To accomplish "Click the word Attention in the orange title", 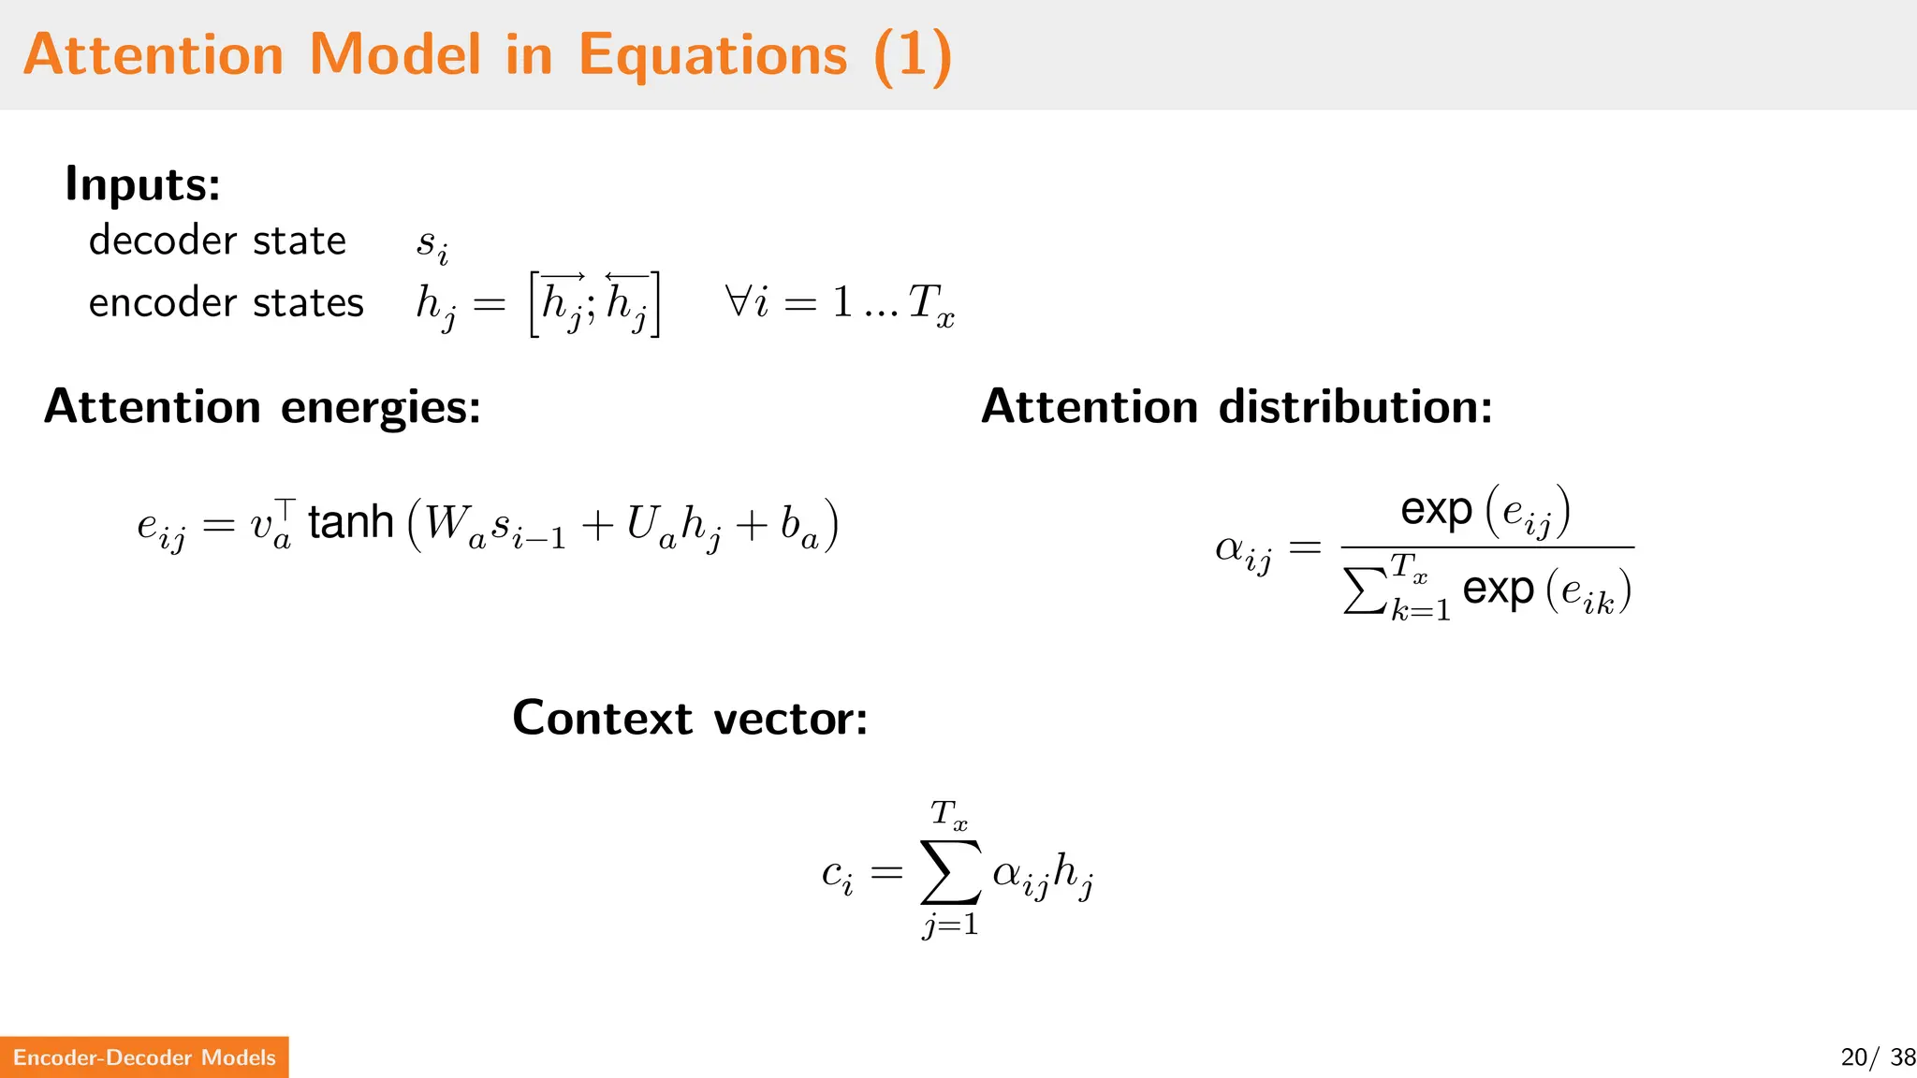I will point(154,54).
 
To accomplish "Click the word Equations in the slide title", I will point(712,54).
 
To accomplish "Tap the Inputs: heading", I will point(142,183).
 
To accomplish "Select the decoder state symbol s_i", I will point(432,245).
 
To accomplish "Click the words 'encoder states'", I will point(226,303).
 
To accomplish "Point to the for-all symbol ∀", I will point(737,302).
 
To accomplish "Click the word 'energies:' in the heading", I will point(380,407).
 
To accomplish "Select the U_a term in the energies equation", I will point(651,526).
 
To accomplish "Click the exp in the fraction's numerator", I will point(1436,510).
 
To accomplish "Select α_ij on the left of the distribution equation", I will point(1243,550).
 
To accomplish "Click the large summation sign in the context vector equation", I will point(951,872).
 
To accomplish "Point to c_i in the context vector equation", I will point(837,875).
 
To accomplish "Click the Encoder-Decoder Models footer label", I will point(144,1057).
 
